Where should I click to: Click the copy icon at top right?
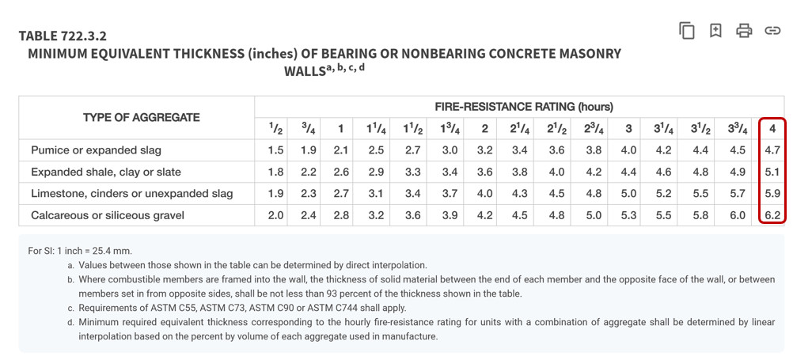[x=687, y=31]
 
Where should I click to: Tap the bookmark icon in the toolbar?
[x=715, y=31]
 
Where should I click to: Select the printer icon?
[x=744, y=31]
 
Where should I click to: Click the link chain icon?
[x=772, y=31]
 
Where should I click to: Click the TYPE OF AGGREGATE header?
[x=141, y=117]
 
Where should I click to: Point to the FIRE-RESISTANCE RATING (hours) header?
[x=524, y=106]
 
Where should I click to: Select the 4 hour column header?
[x=772, y=128]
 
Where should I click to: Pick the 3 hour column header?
[x=628, y=128]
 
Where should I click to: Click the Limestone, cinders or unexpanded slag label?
[x=131, y=194]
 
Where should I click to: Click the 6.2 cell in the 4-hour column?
[x=772, y=215]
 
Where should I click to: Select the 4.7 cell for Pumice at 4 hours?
[x=772, y=150]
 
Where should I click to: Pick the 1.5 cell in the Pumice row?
[x=275, y=150]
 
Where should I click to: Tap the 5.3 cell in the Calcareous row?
[x=628, y=215]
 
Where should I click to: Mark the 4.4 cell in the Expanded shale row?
[x=628, y=172]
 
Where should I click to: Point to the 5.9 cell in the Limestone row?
[x=772, y=194]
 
